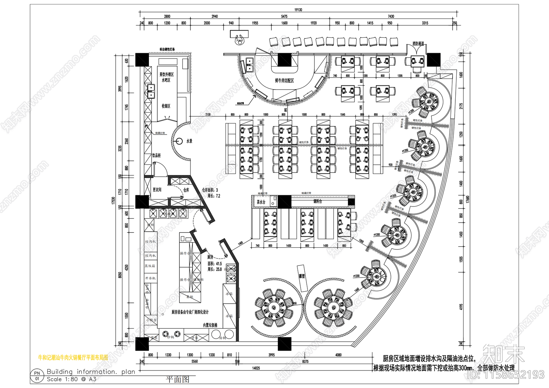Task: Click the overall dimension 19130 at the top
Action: click(x=298, y=10)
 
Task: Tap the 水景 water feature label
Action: click(x=189, y=141)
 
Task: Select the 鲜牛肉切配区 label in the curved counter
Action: click(x=284, y=81)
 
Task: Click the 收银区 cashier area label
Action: click(x=166, y=106)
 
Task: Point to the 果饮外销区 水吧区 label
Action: click(x=166, y=77)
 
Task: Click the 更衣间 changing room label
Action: click(x=157, y=190)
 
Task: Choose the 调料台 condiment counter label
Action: click(x=317, y=201)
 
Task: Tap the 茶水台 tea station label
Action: click(x=261, y=202)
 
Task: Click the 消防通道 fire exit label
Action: click(x=418, y=44)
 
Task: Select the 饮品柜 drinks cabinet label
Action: click(x=156, y=155)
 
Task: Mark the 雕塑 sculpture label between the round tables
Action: click(x=302, y=276)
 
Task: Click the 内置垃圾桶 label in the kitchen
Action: click(x=210, y=325)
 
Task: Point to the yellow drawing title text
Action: click(x=73, y=357)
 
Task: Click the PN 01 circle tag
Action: click(x=37, y=376)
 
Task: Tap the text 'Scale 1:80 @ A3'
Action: click(x=71, y=379)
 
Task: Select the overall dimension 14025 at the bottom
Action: click(x=256, y=368)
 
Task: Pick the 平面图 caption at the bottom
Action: click(x=177, y=379)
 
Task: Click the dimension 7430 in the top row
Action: click(x=391, y=16)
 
